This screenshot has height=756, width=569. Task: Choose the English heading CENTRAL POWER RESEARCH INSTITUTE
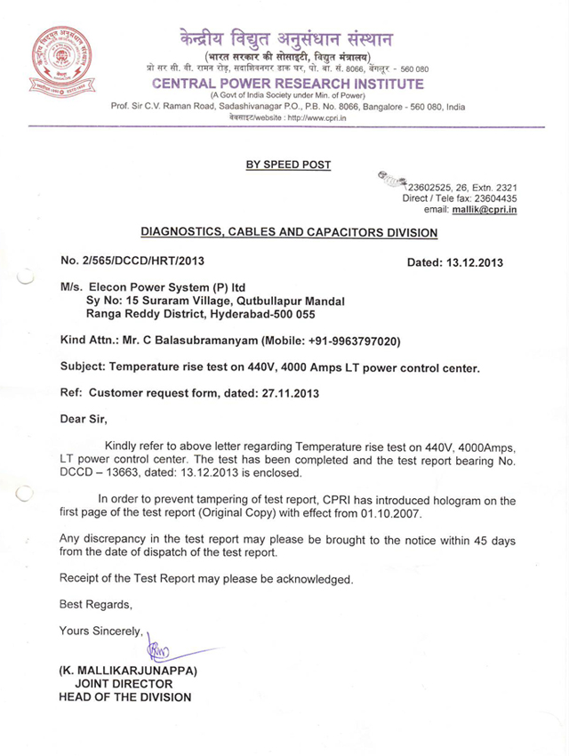(x=288, y=84)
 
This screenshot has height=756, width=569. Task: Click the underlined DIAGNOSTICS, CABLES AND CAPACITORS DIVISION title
(x=290, y=233)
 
